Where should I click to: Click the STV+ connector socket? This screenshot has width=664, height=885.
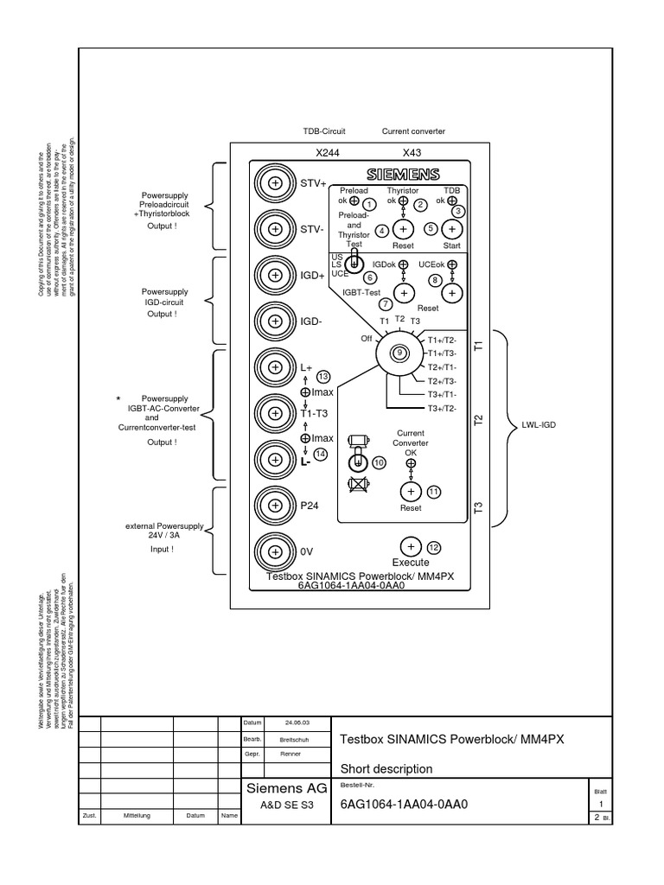tap(275, 184)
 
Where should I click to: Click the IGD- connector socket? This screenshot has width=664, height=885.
tap(275, 322)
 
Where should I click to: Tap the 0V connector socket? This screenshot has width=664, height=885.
tap(275, 551)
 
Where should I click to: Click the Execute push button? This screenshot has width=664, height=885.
tap(411, 546)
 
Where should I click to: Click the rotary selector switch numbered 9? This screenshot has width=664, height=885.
tap(399, 352)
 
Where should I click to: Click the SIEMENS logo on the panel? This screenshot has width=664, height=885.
tap(403, 173)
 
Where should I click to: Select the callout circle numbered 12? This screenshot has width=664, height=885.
tap(434, 547)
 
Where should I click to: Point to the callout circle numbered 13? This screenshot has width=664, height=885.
tap(323, 376)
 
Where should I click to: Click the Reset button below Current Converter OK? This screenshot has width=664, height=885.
tap(411, 492)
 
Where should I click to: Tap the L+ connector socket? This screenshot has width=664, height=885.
tap(275, 367)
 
